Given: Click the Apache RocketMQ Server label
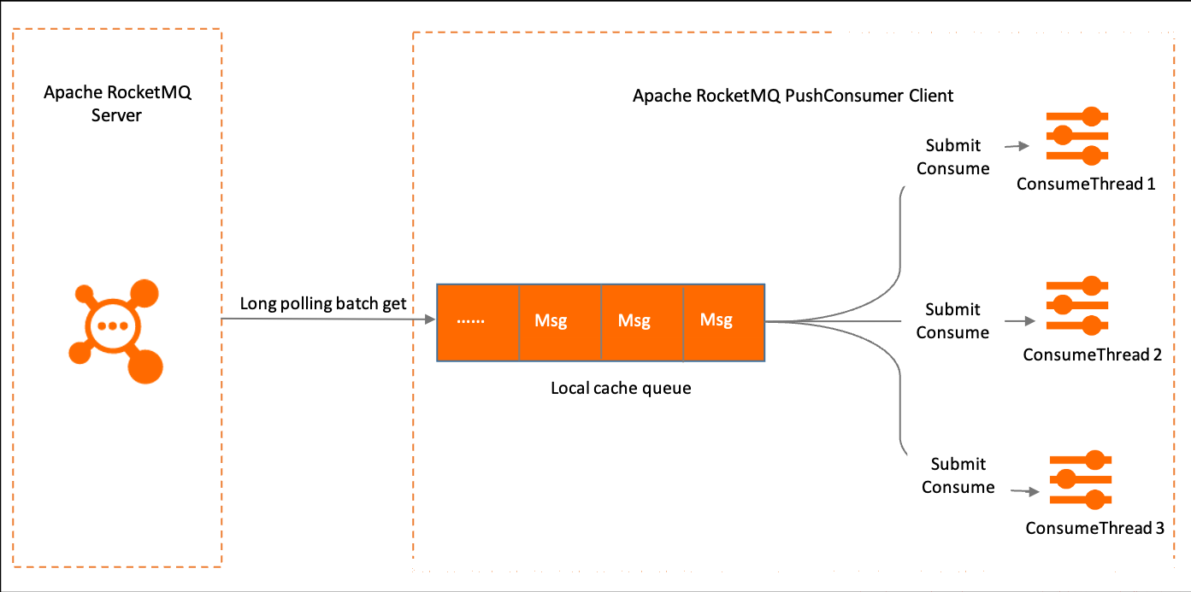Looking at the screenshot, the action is (117, 103).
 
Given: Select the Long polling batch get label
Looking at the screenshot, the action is (322, 303).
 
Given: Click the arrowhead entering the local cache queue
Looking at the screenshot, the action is (430, 319).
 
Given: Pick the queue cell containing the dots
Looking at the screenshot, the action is (478, 323).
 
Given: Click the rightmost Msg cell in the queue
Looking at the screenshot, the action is (724, 323).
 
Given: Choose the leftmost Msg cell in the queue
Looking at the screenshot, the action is (560, 323).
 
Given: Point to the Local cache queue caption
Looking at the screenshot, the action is (621, 388).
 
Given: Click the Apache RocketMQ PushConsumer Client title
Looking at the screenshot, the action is (793, 96).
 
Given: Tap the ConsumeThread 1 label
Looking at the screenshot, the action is (1086, 184).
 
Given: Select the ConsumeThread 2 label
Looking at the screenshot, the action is (1092, 355).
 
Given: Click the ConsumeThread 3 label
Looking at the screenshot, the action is (1094, 528).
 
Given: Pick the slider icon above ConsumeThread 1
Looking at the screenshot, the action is (1077, 136).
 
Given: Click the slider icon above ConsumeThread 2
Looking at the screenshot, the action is (1077, 306).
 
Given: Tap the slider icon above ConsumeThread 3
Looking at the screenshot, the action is (1081, 480).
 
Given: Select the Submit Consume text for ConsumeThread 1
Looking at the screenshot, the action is (952, 157).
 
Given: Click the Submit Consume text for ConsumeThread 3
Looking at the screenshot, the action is (958, 476).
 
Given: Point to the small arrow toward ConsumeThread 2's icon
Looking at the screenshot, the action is (1020, 321).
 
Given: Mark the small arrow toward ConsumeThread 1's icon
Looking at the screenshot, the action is (1017, 145).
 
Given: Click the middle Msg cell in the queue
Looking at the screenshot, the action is (642, 323).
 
